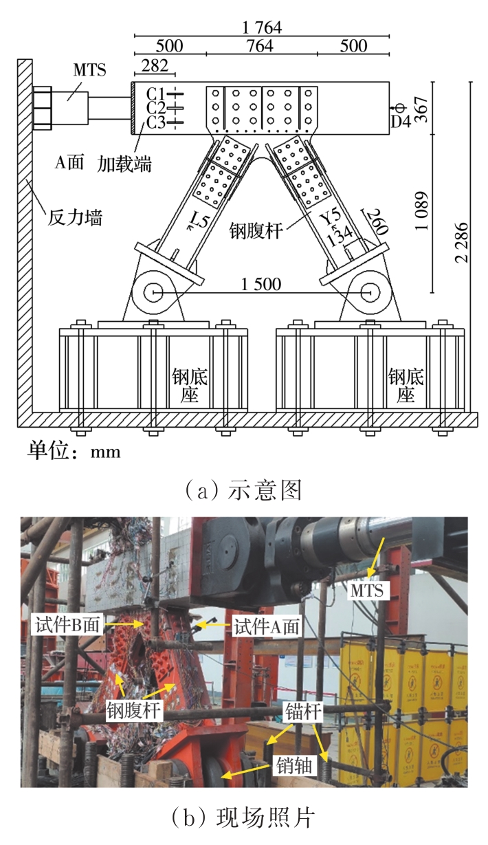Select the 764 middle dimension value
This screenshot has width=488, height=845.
coord(262,46)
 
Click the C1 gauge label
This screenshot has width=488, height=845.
coord(157,94)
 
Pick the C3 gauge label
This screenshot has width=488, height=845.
coord(157,123)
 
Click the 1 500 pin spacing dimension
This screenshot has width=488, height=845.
coord(260,284)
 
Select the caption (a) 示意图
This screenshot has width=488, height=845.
coord(244,492)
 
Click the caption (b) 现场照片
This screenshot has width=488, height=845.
coord(244,817)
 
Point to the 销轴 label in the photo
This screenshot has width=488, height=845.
coord(296,764)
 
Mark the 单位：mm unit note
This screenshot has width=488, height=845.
coord(74,451)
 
